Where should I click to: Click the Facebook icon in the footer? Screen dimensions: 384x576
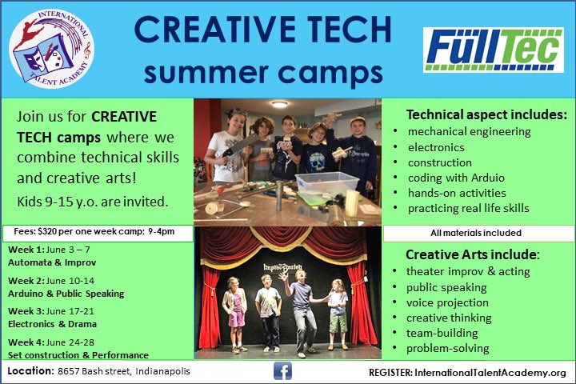[282, 372]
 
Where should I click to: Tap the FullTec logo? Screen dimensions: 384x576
[493, 47]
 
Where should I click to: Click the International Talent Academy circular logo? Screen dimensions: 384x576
[51, 47]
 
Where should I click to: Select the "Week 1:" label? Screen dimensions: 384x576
[26, 250]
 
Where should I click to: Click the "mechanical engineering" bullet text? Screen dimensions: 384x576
[469, 131]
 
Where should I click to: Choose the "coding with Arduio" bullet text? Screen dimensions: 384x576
[456, 178]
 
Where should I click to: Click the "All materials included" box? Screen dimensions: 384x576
[478, 233]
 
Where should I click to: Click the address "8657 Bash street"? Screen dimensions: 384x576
[96, 372]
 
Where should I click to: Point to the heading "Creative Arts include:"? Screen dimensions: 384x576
[473, 254]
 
